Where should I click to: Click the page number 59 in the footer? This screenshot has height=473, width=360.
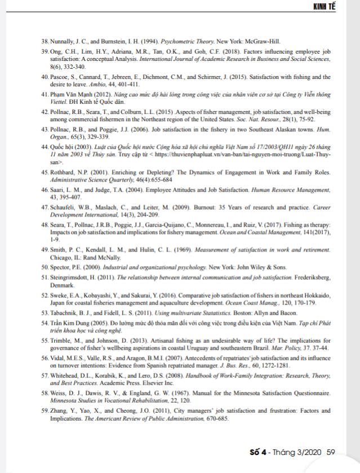pyautogui.click(x=331, y=452)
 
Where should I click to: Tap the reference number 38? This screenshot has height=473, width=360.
pyautogui.click(x=45, y=41)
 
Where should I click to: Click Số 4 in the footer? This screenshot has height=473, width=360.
pyautogui.click(x=259, y=452)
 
